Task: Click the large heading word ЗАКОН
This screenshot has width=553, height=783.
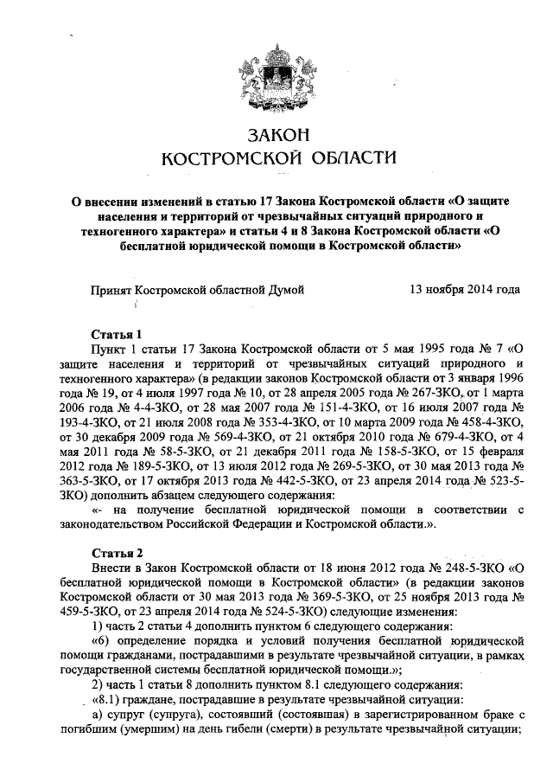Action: [x=277, y=136]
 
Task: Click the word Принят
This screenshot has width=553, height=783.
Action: [x=112, y=292]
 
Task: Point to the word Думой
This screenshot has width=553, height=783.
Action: [x=287, y=292]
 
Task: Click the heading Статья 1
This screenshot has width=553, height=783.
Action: [x=116, y=333]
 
